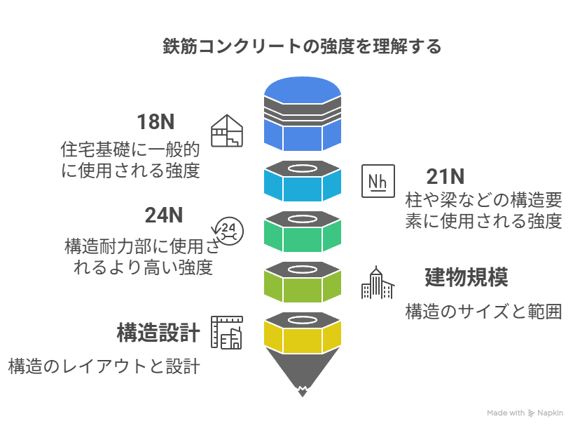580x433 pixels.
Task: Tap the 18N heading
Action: click(156, 121)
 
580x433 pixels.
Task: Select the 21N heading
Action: click(446, 176)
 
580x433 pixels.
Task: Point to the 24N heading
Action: click(164, 215)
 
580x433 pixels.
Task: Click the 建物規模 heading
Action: click(466, 277)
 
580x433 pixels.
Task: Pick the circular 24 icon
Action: click(228, 229)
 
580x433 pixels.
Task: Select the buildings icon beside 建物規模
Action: click(378, 283)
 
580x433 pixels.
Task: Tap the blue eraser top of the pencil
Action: click(303, 112)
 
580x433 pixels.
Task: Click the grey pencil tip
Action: click(303, 375)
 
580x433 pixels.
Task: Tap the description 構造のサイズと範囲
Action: click(483, 312)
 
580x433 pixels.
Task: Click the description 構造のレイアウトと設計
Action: click(104, 366)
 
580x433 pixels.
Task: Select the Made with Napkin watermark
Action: click(525, 413)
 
